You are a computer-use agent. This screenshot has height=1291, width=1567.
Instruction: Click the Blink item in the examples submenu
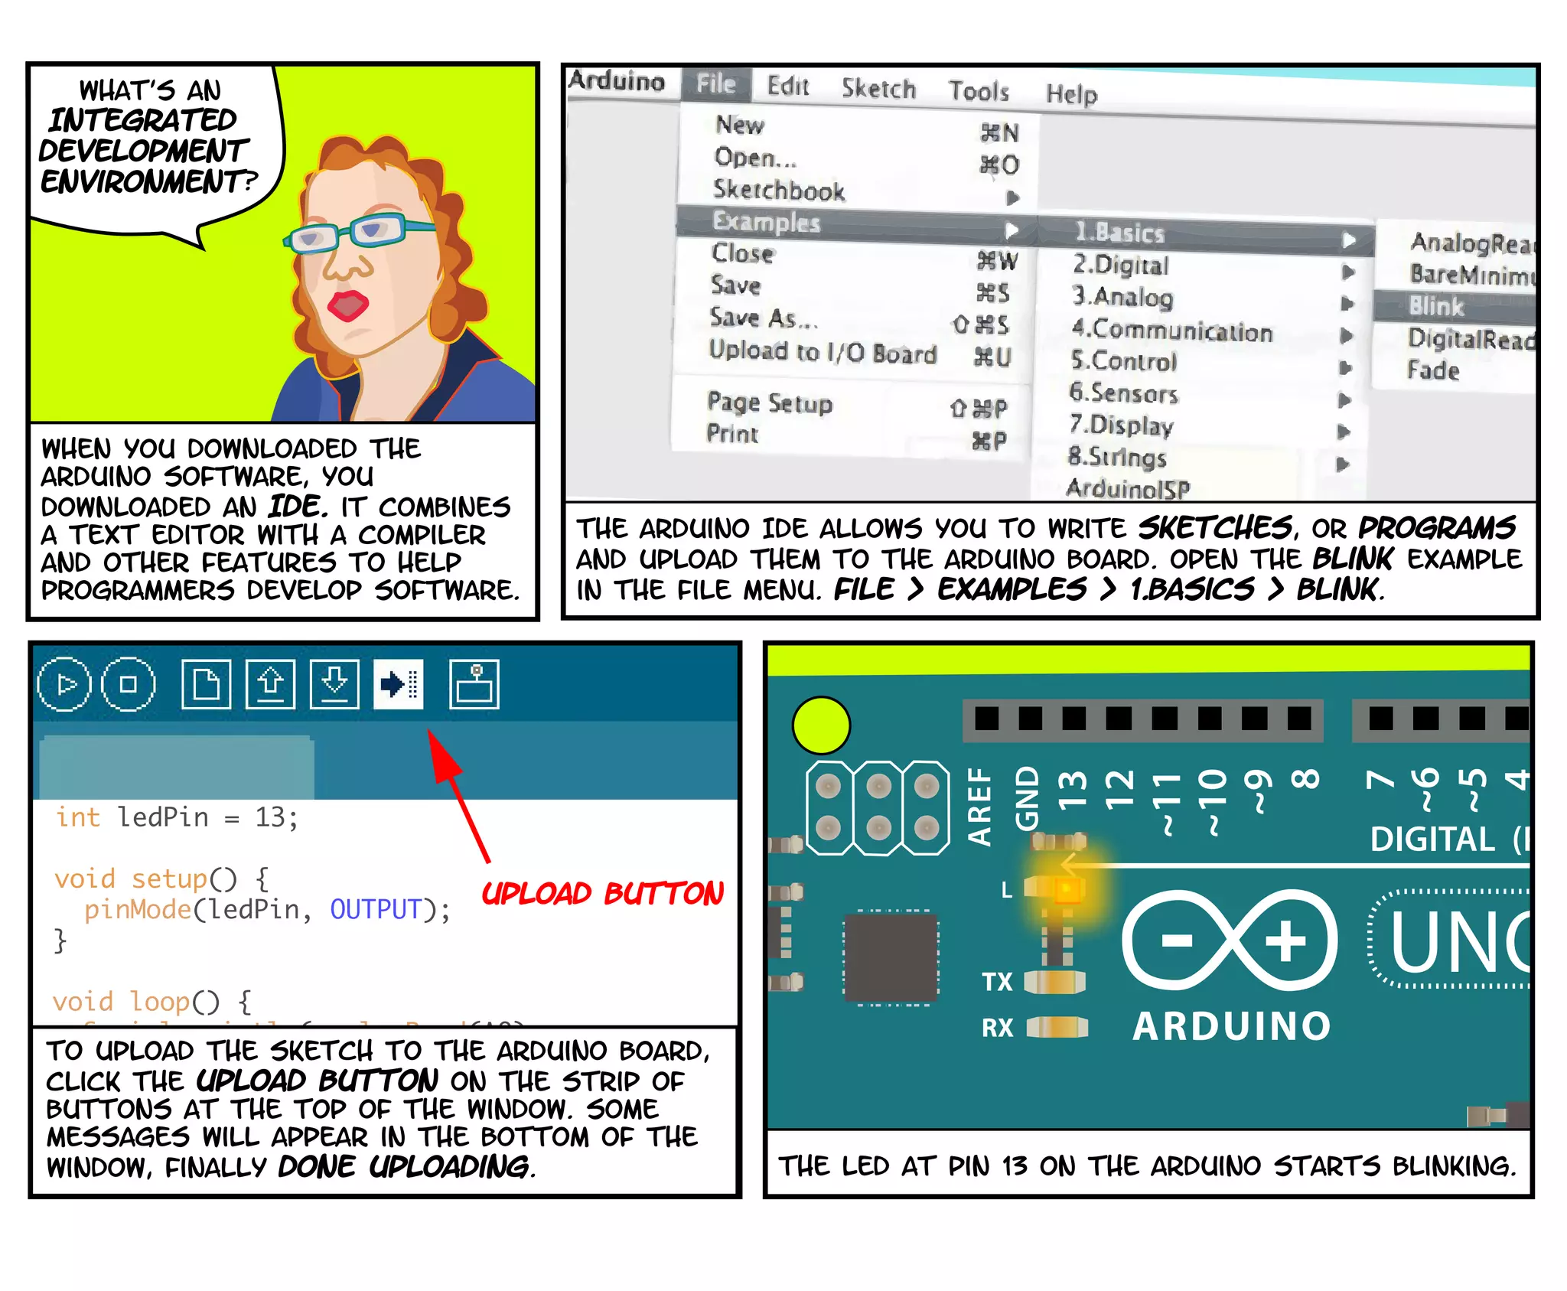coord(1437,306)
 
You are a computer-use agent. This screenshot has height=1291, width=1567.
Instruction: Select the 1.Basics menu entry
coord(1120,233)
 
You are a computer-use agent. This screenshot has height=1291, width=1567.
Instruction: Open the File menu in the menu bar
coord(715,83)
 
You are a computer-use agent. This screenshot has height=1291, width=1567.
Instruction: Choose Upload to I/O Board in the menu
coord(823,352)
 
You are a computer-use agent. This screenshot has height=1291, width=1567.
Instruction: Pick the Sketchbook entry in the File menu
coord(779,190)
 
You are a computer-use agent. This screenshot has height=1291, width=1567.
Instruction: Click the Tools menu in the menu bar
coord(979,91)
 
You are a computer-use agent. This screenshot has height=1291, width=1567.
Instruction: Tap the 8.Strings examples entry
coord(1117,457)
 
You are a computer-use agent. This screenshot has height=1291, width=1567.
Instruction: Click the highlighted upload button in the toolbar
coord(398,683)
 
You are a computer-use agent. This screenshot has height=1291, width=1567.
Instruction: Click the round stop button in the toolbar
coord(129,684)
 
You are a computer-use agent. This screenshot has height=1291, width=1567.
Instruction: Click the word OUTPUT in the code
coord(376,909)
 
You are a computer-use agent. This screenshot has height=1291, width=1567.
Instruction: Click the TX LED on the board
coord(1054,981)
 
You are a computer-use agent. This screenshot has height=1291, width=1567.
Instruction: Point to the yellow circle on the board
coord(821,725)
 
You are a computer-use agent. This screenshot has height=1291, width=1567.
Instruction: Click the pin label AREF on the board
coord(979,807)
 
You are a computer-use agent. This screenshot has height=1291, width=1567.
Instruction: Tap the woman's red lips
coord(348,306)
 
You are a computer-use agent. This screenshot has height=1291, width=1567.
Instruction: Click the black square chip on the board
coord(891,957)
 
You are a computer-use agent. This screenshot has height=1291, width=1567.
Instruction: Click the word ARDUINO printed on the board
coord(1232,1026)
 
